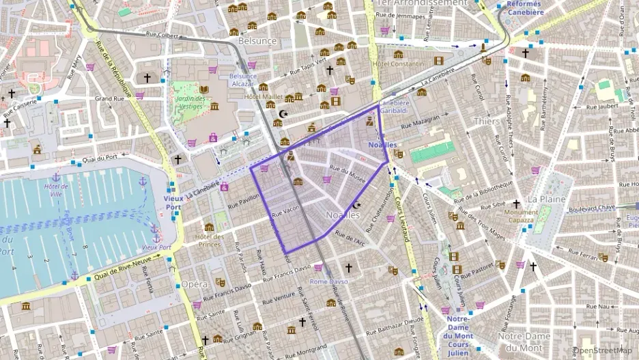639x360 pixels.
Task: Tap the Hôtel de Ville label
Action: tap(56, 190)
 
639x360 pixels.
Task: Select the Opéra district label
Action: tap(194, 283)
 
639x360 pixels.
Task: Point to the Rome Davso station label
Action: tap(328, 281)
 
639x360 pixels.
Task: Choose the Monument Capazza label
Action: tap(521, 216)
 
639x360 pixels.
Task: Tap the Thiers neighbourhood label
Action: tap(486, 121)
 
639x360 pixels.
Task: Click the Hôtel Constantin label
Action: tap(398, 64)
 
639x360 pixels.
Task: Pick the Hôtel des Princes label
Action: tap(209, 240)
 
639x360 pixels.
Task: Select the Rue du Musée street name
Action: tap(347, 174)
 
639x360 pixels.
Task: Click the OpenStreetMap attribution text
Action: tap(603, 351)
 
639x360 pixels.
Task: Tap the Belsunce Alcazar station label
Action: tap(243, 80)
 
